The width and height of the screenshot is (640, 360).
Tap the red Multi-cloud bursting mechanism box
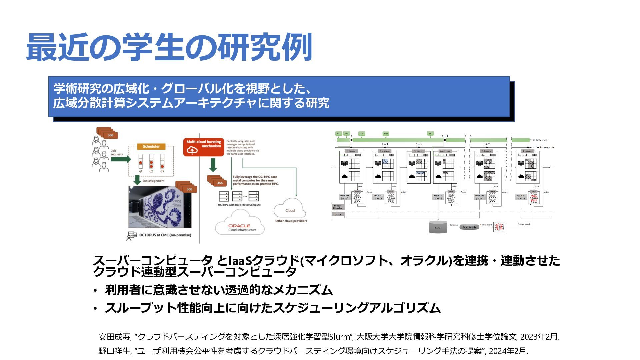(x=203, y=147)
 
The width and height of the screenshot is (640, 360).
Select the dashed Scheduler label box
(x=151, y=146)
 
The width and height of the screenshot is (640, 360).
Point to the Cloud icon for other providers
(x=290, y=209)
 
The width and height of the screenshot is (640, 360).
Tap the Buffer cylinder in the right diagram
(x=438, y=227)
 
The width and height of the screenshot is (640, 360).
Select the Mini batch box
(x=469, y=227)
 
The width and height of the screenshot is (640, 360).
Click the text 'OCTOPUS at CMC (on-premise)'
(x=165, y=235)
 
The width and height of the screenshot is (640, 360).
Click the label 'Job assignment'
(x=153, y=181)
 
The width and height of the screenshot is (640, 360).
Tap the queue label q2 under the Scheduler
(x=151, y=171)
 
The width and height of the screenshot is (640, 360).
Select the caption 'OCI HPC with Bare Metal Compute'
(x=239, y=205)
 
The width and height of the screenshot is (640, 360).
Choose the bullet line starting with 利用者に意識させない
(x=219, y=290)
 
